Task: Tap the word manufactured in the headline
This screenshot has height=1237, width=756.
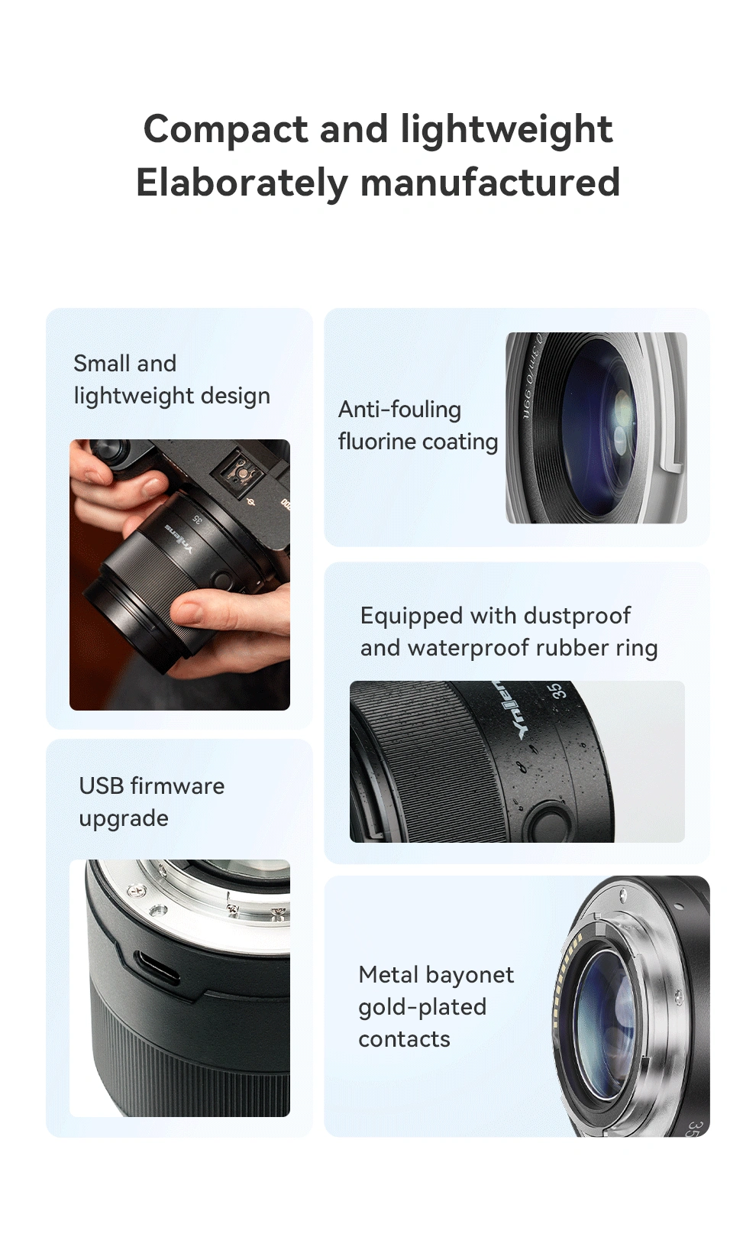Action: pyautogui.click(x=490, y=183)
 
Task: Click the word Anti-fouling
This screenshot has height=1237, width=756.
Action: pyautogui.click(x=399, y=410)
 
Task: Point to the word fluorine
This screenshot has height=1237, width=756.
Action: pyautogui.click(x=375, y=441)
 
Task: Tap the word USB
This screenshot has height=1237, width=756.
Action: pyautogui.click(x=102, y=785)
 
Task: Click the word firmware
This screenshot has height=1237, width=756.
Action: pyautogui.click(x=178, y=785)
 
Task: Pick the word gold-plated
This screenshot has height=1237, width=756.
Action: pyautogui.click(x=422, y=1008)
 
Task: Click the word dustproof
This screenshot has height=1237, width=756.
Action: pyautogui.click(x=577, y=617)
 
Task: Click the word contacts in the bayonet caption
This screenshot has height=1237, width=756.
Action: pyautogui.click(x=405, y=1040)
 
